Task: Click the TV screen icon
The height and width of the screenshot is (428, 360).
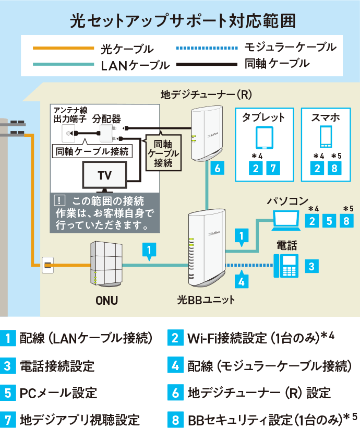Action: [105, 175]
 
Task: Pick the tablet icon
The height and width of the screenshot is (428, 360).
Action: [265, 138]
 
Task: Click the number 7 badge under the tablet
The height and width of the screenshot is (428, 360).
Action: [273, 168]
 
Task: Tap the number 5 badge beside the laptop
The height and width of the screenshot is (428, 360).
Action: [329, 220]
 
